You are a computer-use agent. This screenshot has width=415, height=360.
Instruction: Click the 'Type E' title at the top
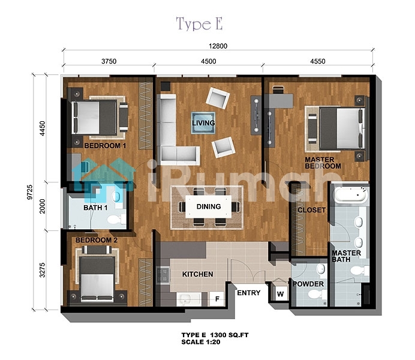(x=199, y=23)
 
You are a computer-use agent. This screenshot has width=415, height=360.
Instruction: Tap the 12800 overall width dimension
(x=218, y=46)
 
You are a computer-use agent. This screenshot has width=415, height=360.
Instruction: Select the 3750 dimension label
(x=109, y=61)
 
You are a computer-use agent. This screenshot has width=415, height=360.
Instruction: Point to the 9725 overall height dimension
(x=29, y=192)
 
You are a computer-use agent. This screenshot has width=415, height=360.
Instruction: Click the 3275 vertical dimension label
(x=42, y=270)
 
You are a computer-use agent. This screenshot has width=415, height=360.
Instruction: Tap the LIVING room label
(x=203, y=123)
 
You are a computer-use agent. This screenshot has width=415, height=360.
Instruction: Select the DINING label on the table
(x=209, y=206)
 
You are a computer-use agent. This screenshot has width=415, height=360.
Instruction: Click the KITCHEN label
(x=197, y=274)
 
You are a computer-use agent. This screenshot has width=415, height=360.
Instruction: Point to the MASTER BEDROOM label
(x=323, y=163)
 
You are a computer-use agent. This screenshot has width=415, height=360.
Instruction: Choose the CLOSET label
(x=311, y=210)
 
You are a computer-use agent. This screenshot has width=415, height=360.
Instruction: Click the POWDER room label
(x=308, y=284)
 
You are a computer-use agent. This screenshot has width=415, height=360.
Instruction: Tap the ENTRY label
(x=248, y=293)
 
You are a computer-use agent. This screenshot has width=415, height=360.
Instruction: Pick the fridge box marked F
(x=217, y=299)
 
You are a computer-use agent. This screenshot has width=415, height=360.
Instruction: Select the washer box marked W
(x=280, y=293)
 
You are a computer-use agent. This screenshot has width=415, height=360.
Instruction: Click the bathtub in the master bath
(x=350, y=195)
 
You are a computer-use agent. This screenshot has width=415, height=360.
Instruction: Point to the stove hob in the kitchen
(x=163, y=275)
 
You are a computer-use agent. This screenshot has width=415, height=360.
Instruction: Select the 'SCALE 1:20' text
(x=201, y=342)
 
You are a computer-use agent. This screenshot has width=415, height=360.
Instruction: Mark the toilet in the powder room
(x=317, y=294)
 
